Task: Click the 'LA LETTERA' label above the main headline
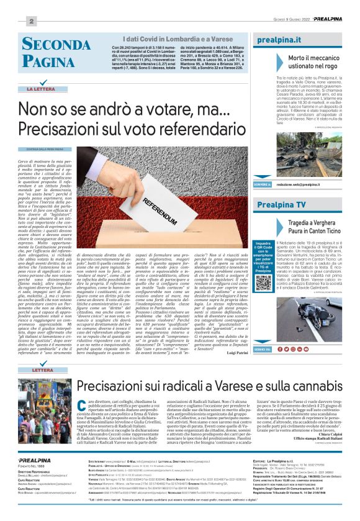pyautogui.click(x=38, y=89)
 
